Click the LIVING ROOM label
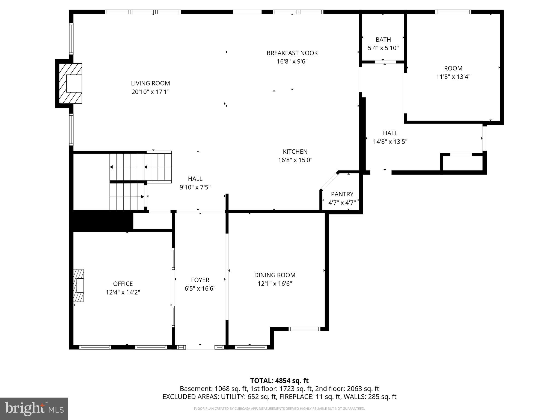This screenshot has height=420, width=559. tap(150, 83)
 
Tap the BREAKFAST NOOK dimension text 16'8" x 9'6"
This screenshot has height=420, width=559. tap(292, 62)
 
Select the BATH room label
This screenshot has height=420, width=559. tap(383, 40)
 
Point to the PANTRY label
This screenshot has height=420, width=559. tap(342, 194)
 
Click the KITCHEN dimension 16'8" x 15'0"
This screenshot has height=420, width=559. tap(295, 160)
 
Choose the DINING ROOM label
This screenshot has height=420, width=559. tap(275, 275)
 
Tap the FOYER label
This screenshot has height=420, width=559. tap(200, 280)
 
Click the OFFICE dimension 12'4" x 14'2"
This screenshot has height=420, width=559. tap(123, 293)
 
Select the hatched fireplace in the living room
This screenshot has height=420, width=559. tap(70, 83)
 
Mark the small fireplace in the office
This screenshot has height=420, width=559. tap(79, 285)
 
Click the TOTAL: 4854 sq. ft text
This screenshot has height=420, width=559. tap(279, 381)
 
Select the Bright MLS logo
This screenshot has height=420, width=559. tap(34, 409)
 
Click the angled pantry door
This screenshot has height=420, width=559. tap(329, 181)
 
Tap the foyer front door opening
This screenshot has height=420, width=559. tap(200, 347)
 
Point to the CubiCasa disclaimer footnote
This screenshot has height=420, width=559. tap(279, 409)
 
